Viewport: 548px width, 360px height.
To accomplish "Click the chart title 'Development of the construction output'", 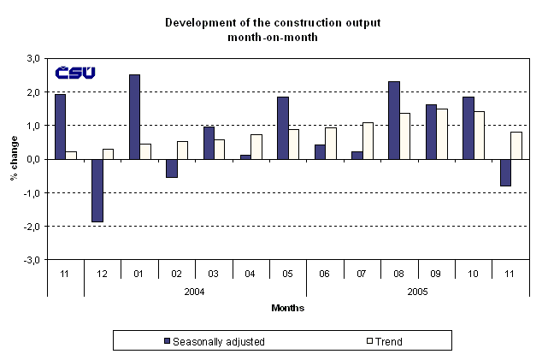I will (274, 21).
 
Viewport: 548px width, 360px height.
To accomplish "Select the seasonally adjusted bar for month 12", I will (97, 190).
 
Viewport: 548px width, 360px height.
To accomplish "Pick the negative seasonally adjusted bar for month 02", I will (172, 168).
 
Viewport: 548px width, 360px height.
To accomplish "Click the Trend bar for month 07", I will (368, 140).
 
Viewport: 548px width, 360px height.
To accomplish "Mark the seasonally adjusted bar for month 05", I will (283, 127).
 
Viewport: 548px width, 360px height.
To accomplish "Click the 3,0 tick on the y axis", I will (32, 58).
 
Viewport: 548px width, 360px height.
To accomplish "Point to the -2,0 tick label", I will (32, 227).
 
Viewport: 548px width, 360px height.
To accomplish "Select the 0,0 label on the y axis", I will (32, 159).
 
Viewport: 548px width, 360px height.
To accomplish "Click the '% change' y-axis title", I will (13, 159).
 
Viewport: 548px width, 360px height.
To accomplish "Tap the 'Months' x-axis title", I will (288, 307).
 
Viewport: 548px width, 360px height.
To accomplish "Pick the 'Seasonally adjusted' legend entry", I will (214, 341).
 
